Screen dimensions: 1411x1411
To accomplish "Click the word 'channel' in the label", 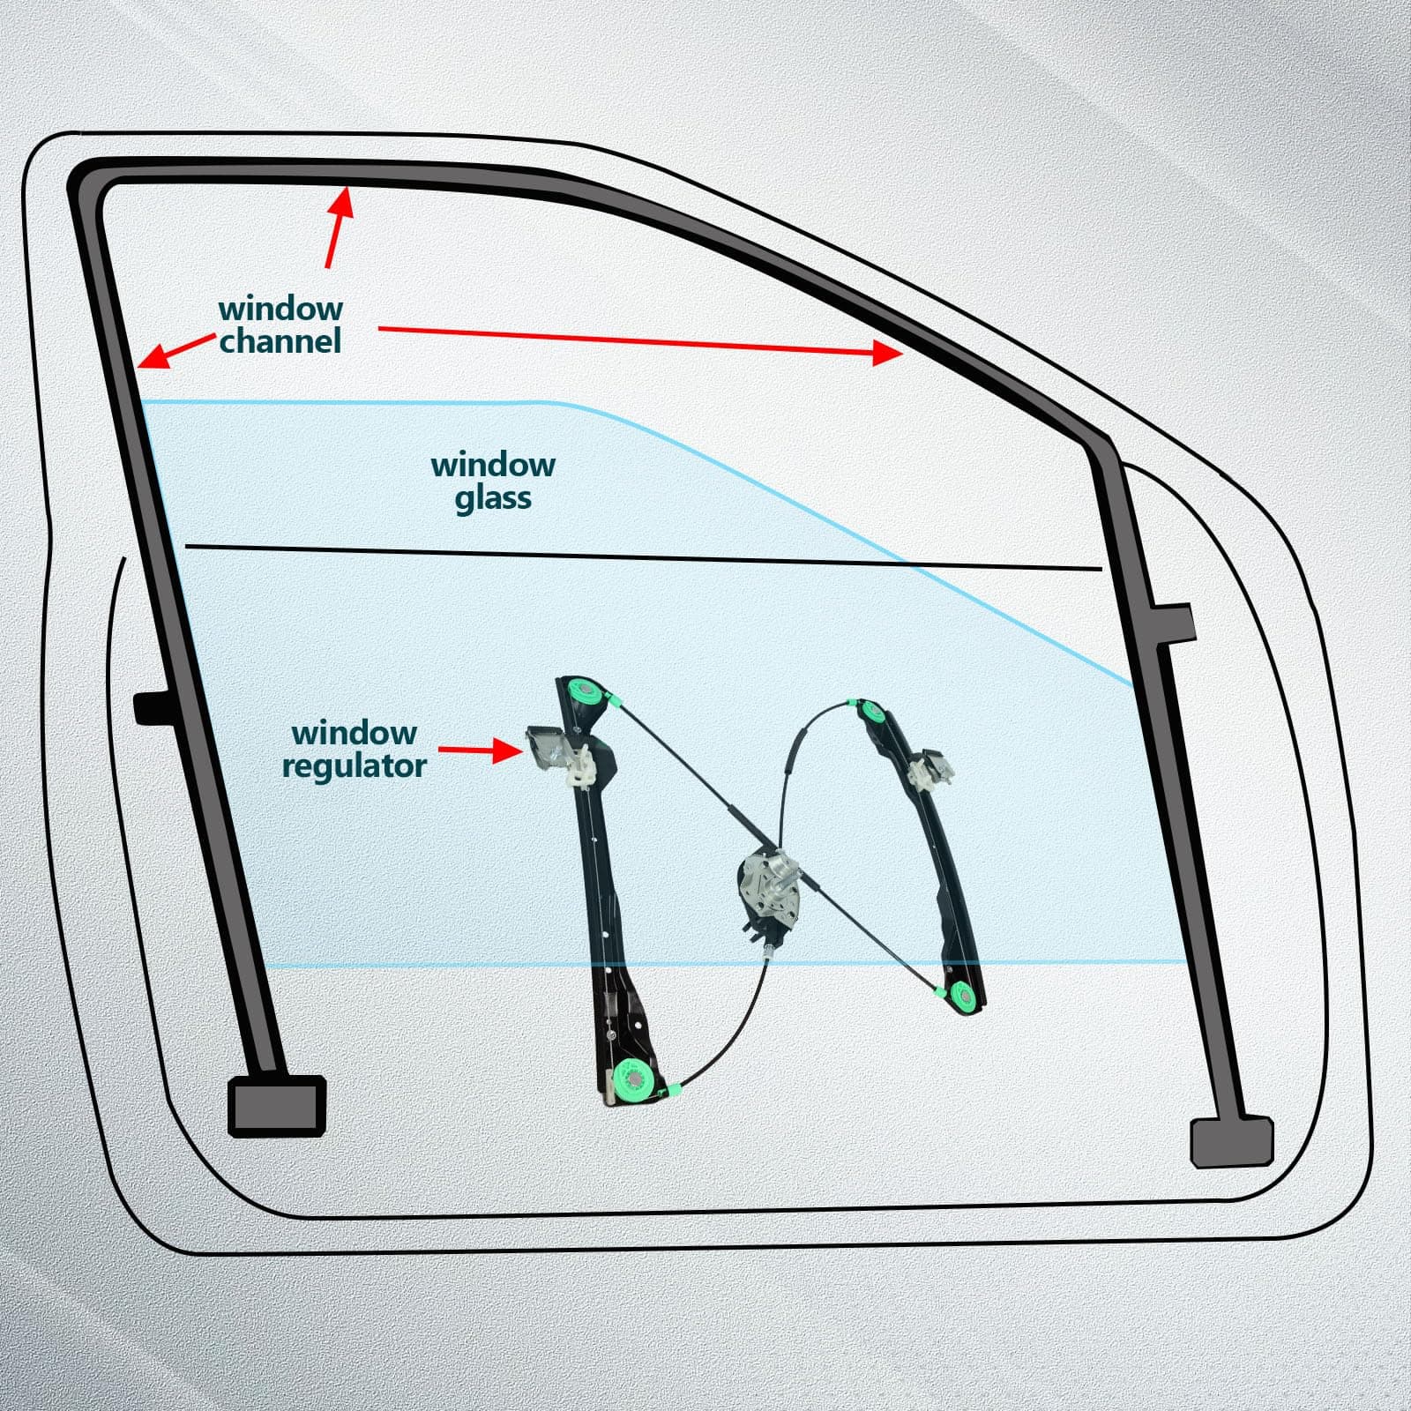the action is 280,341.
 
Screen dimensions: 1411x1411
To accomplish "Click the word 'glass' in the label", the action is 493,498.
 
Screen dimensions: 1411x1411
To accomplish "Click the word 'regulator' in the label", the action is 355,766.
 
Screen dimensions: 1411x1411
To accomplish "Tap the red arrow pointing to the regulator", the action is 482,750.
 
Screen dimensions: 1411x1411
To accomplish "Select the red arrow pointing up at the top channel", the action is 340,228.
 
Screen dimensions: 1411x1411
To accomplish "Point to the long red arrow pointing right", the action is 641,341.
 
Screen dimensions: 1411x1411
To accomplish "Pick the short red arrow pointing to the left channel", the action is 176,351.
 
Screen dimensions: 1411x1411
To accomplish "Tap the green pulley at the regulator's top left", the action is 582,692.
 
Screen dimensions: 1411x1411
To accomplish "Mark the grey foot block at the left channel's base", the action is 277,1105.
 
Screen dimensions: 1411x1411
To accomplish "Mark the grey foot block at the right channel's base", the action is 1232,1143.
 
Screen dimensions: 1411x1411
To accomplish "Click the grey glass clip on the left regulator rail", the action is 558,754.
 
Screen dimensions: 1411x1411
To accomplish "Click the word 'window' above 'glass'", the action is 493,465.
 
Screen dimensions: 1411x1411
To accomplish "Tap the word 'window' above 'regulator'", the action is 355,733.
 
